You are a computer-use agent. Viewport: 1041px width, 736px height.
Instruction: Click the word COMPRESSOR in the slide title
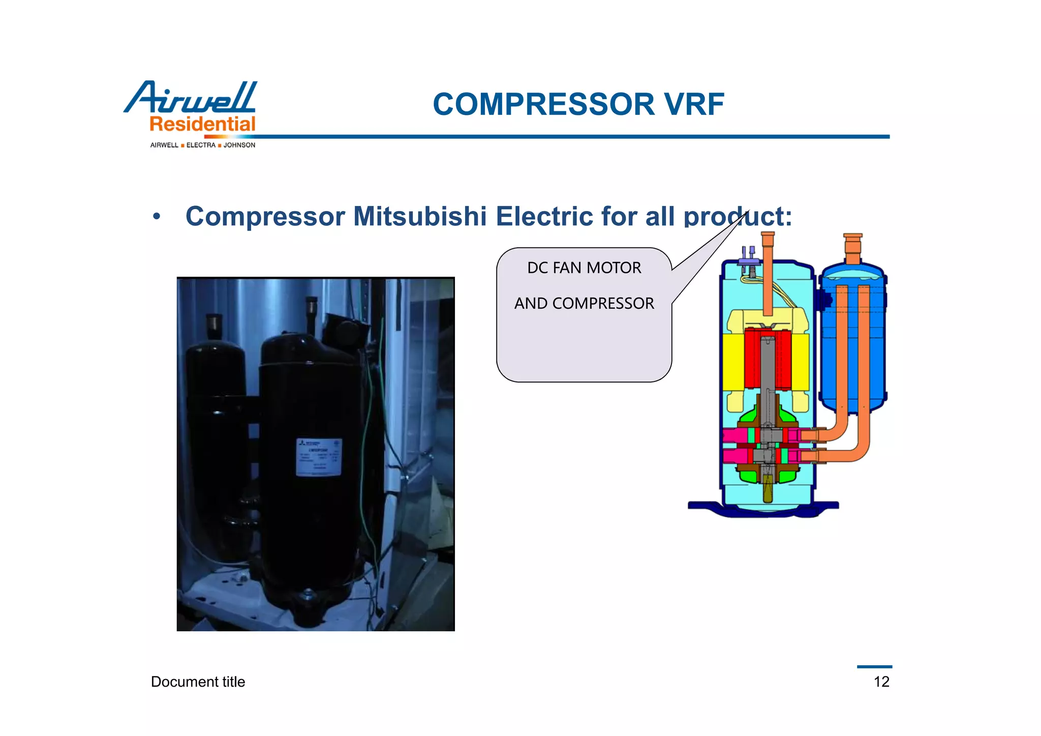coord(543,105)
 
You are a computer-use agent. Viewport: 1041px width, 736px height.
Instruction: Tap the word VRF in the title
coord(694,105)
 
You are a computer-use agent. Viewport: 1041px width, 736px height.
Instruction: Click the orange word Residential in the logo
coord(202,124)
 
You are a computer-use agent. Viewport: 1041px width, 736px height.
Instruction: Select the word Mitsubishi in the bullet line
coord(420,216)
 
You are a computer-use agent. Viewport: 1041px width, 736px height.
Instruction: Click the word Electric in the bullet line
coord(544,216)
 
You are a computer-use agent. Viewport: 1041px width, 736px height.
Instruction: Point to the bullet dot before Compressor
coord(157,217)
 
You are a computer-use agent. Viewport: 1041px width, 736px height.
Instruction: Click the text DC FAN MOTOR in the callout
coord(584,268)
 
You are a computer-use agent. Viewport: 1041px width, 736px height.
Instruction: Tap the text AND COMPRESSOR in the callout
coord(584,304)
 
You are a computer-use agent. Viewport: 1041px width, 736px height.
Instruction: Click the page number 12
coord(881,682)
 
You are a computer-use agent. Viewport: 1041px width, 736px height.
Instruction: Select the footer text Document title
coord(198,682)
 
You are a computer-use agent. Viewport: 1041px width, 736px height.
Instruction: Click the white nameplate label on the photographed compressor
coord(319,457)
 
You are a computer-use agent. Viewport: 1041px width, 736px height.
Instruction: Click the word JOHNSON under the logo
coord(239,145)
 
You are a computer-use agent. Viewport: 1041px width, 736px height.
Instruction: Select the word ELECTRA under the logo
coord(201,145)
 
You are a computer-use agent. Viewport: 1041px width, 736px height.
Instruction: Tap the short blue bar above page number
coord(874,667)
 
